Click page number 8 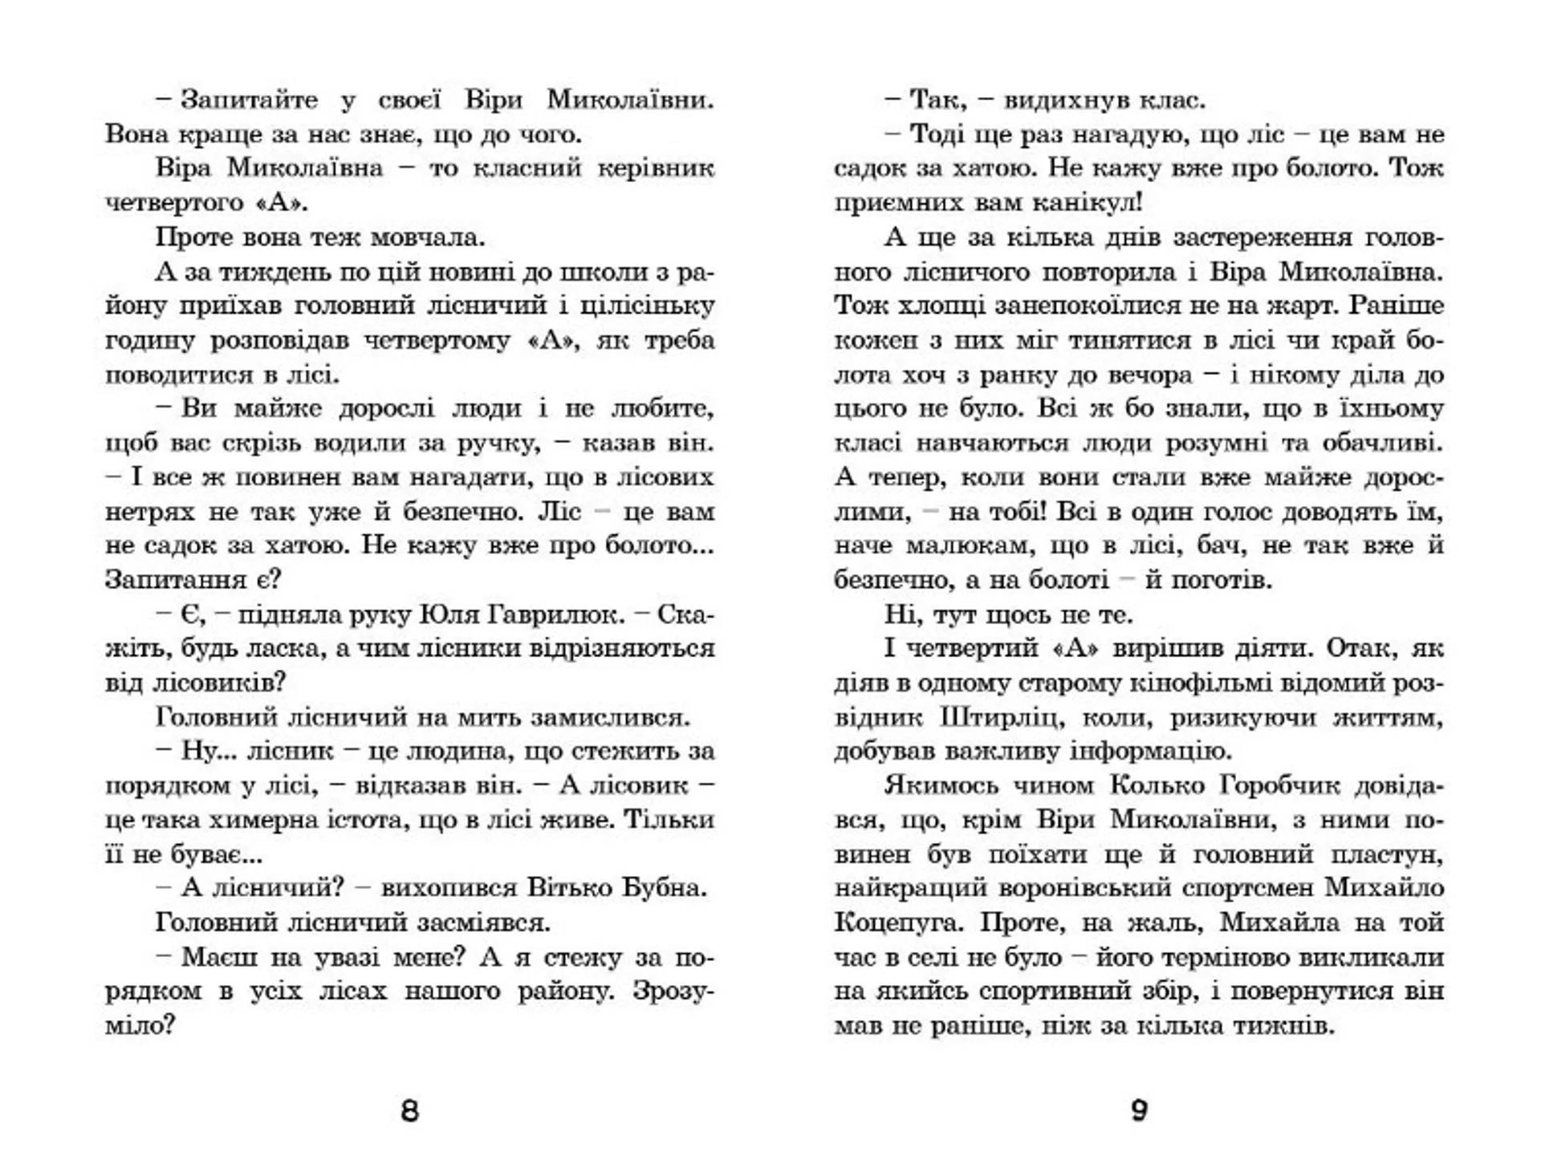pos(409,1111)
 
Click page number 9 pos(1139,1111)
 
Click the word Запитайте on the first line pos(249,100)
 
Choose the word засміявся pos(483,923)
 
